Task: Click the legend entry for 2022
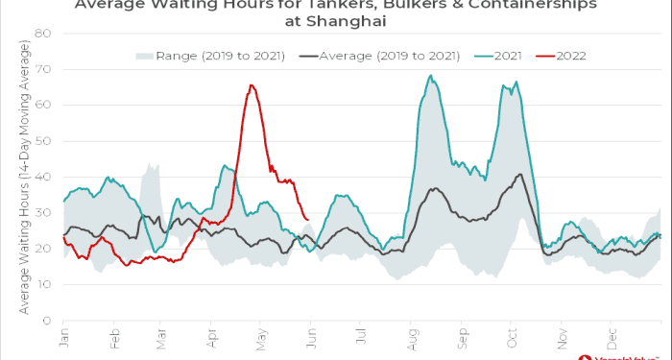(569, 56)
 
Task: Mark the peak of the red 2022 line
(251, 84)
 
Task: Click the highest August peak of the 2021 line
(430, 75)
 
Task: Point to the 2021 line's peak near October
(516, 82)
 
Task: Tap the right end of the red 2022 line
(307, 220)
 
